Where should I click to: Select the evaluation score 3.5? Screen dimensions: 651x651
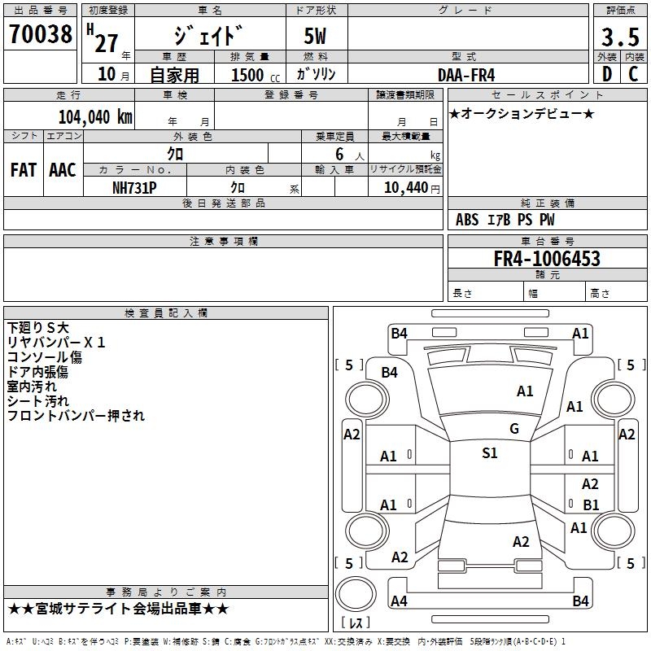click(x=619, y=37)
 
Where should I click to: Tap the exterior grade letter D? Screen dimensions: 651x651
click(x=606, y=73)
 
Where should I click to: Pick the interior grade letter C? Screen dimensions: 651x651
click(x=633, y=73)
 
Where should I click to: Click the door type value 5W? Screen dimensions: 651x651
click(x=317, y=37)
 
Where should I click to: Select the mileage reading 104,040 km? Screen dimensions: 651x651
click(x=94, y=116)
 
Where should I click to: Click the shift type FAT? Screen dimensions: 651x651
click(x=23, y=170)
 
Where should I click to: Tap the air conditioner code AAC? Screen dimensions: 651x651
click(x=62, y=170)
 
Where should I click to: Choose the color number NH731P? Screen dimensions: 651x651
click(x=135, y=187)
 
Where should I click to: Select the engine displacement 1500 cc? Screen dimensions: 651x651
click(x=253, y=75)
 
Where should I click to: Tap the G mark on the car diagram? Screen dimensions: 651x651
click(x=513, y=429)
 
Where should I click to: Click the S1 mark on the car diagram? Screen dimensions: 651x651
click(x=489, y=453)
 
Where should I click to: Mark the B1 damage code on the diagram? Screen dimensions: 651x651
click(x=591, y=505)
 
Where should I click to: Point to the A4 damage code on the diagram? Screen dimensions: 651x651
click(x=399, y=601)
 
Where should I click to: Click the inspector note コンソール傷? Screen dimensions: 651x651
click(x=45, y=357)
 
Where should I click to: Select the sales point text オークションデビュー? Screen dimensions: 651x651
click(x=522, y=114)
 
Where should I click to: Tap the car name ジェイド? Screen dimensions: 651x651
click(x=208, y=37)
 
